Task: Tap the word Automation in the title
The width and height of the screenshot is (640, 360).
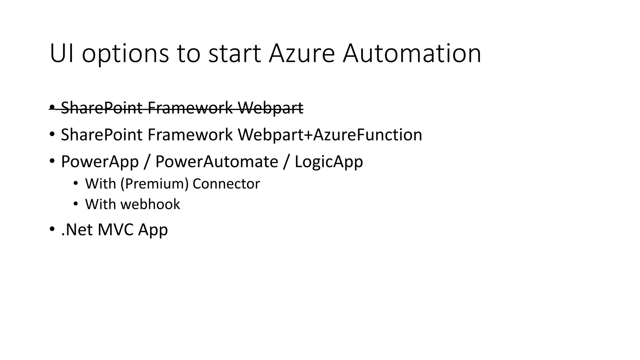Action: (412, 53)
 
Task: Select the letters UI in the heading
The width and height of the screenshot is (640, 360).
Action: (62, 53)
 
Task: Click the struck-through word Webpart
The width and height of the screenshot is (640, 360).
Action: (270, 108)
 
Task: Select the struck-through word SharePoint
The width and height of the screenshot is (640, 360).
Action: (102, 108)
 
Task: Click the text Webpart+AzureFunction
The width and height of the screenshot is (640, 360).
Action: (330, 135)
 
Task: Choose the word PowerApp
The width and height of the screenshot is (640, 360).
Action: (100, 162)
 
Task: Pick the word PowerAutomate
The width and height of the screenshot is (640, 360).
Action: (217, 162)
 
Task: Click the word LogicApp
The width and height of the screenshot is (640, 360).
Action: (329, 162)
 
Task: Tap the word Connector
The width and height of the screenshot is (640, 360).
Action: (226, 184)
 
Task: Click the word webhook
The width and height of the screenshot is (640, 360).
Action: (150, 204)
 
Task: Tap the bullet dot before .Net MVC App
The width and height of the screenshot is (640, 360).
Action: (52, 229)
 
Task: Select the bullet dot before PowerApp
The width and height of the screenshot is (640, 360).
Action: (52, 161)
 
